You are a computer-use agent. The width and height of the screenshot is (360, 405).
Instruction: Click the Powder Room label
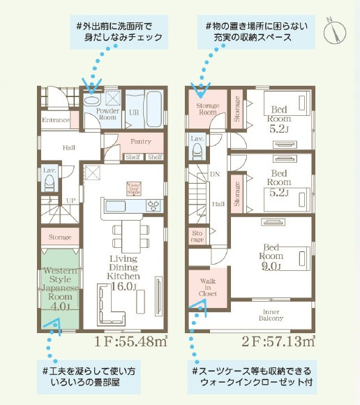[x=106, y=114]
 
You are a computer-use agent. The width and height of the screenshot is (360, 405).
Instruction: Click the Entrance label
[x=56, y=120]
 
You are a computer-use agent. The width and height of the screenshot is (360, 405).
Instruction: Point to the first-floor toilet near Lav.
[x=50, y=184]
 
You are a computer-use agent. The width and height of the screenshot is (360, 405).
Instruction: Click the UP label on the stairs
[x=70, y=200]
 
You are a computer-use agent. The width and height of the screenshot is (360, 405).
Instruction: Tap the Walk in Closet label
[x=208, y=288]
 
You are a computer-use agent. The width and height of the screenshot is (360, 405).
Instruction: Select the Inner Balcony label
[x=271, y=314]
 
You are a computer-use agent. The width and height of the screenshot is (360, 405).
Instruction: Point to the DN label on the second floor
[x=215, y=175]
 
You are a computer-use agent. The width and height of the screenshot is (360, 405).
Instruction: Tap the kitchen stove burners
[x=154, y=205]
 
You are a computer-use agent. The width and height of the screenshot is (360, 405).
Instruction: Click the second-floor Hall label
[x=218, y=202]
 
